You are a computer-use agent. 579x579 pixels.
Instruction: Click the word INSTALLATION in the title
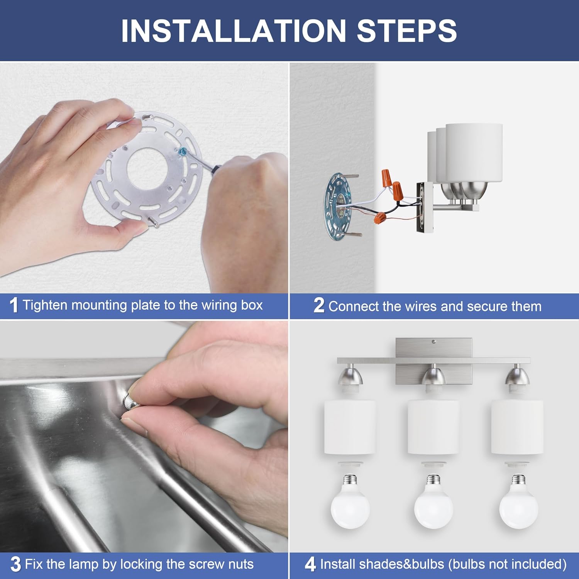coord(234,30)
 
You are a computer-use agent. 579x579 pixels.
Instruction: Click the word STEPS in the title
coord(407,30)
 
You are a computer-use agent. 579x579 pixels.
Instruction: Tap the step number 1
coord(14,305)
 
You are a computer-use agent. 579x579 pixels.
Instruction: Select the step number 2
coord(319,305)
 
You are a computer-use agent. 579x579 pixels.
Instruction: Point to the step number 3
coord(15,564)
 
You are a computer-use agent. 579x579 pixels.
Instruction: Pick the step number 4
coord(310,564)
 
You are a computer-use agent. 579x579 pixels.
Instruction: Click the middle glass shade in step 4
coord(433,427)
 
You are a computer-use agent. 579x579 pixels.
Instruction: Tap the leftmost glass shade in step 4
coord(350,427)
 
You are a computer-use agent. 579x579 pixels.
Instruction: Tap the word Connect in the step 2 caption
coord(354,306)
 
